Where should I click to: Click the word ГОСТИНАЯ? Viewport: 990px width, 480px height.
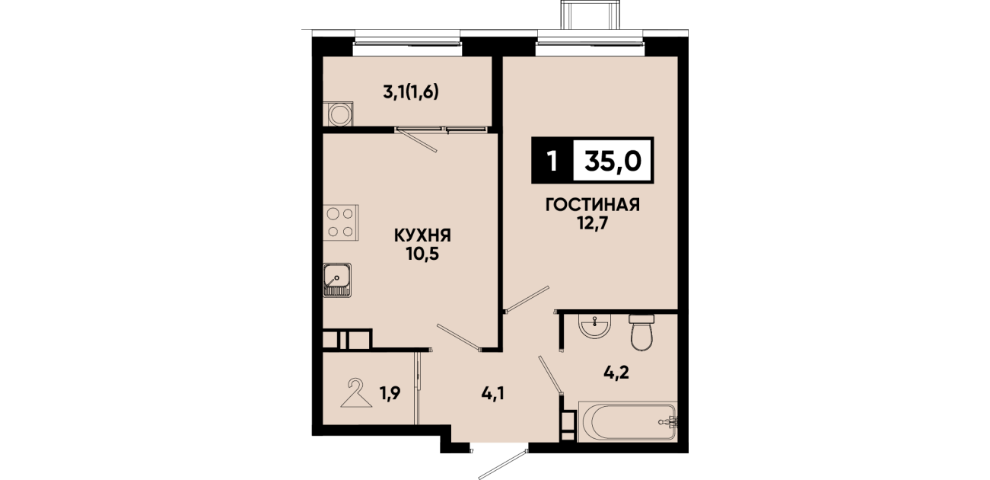pos(593,205)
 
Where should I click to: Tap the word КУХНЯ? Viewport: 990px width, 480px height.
pos(422,235)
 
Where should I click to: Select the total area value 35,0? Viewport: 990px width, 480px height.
pos(613,160)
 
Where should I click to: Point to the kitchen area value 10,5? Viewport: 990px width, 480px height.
pos(422,254)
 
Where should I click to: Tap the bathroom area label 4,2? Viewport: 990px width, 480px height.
pos(616,373)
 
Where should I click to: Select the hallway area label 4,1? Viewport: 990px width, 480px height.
pos(492,393)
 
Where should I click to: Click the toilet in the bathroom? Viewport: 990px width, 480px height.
pos(641,332)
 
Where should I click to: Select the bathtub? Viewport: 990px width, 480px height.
pos(627,421)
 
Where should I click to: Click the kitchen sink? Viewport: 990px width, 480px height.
pos(337,280)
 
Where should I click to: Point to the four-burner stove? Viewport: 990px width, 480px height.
pos(340,222)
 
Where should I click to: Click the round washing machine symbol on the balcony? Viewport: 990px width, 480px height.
pos(338,114)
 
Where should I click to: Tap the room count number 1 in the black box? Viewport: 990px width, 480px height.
pos(552,161)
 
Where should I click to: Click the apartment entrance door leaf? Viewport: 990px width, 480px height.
pos(503,464)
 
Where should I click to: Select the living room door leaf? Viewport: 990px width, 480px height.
pos(527,299)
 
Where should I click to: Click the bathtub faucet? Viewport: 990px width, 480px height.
pos(669,421)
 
